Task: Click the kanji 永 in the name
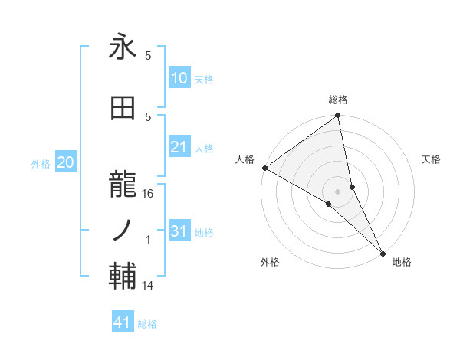[123, 48]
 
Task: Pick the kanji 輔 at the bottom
[123, 275]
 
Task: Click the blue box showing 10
[179, 78]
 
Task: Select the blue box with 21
[179, 147]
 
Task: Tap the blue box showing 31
[179, 231]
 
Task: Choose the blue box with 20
[66, 162]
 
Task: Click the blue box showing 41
[123, 322]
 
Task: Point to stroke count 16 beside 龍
[149, 194]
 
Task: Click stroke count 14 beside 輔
[149, 286]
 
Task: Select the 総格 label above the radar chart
[338, 100]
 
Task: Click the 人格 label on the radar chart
[245, 159]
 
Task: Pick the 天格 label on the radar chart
[431, 159]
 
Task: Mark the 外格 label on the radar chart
[270, 262]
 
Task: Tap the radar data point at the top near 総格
[338, 116]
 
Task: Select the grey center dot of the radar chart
[338, 191]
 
